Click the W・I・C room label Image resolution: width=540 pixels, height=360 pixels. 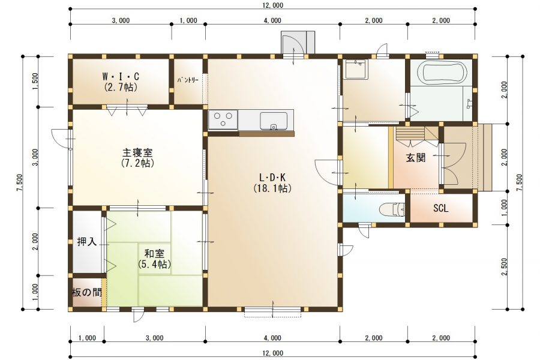click(x=121, y=76)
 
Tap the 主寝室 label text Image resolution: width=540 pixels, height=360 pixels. click(x=137, y=152)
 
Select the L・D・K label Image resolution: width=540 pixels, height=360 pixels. click(x=272, y=178)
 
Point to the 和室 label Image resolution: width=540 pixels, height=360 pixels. click(x=154, y=254)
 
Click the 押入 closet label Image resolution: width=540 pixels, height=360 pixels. click(x=87, y=242)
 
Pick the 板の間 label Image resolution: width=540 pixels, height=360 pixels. click(x=87, y=292)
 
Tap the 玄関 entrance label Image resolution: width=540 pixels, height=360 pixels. click(x=416, y=158)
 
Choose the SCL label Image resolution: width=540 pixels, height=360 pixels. click(x=441, y=208)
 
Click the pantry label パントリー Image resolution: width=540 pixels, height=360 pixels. click(x=188, y=80)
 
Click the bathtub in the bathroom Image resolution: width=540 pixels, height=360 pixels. click(x=442, y=71)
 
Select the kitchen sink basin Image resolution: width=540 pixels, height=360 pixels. click(x=274, y=121)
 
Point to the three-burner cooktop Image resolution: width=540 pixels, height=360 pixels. click(x=223, y=119)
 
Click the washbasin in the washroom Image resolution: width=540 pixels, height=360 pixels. click(x=356, y=69)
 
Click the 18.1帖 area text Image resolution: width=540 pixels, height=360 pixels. click(x=272, y=188)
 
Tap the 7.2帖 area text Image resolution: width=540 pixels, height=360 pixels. click(x=137, y=163)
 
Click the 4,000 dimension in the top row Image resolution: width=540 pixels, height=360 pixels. click(x=272, y=20)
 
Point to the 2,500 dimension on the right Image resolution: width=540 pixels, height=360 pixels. click(x=505, y=266)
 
